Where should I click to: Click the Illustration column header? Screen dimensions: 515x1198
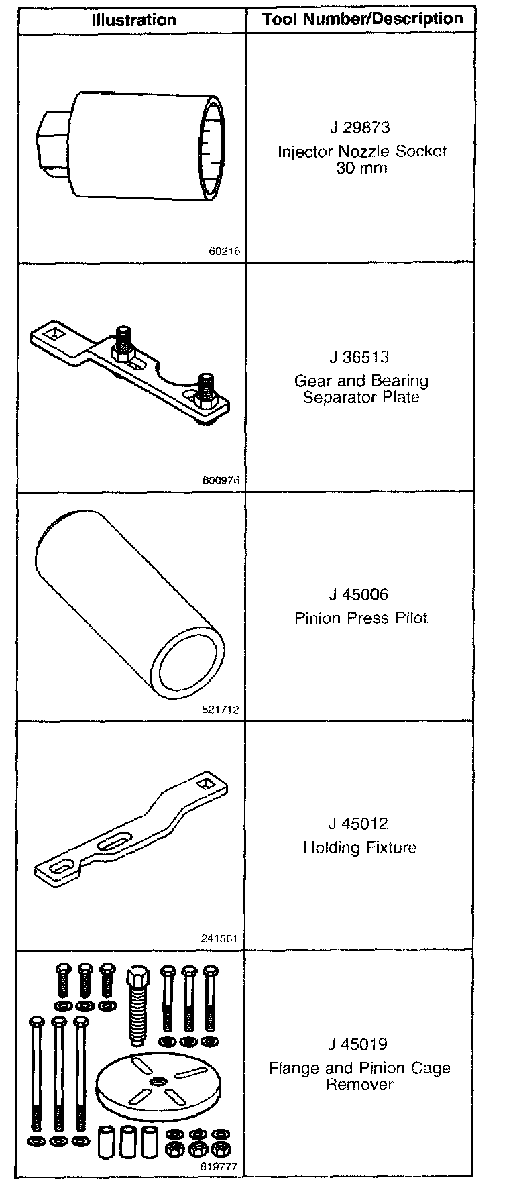coord(134,20)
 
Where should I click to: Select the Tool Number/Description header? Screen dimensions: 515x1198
coord(362,19)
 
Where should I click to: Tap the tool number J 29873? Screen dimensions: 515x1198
coord(359,127)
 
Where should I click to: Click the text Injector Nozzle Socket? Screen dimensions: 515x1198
coord(362,152)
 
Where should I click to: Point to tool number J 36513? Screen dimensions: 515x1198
coord(359,357)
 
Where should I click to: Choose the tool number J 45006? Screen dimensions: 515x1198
coord(359,594)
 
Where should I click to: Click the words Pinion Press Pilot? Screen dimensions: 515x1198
coord(361,618)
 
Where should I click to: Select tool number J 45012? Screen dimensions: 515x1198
coord(359,824)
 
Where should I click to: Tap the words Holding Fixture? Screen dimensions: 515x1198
coord(360,847)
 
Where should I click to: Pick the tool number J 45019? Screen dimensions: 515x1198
coord(359,1044)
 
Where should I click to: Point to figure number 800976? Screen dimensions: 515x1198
coord(221,480)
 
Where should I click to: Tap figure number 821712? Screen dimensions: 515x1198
coord(221,709)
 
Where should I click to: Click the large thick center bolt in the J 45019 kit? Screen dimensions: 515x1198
coord(137,1006)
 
